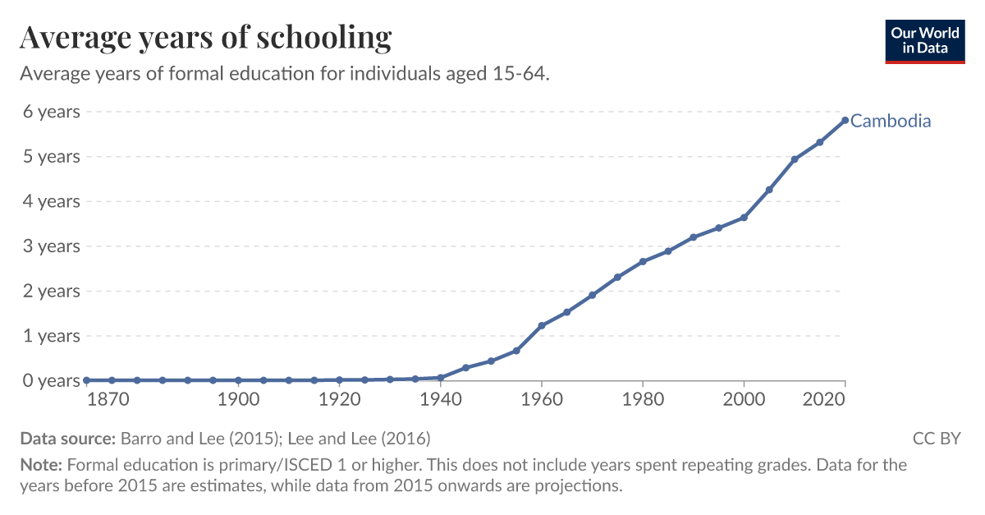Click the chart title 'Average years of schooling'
coord(205,38)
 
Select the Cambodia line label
coord(891,122)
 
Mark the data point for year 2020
coord(845,121)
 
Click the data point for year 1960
coord(542,326)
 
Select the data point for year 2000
coord(744,218)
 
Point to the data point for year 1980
coord(643,262)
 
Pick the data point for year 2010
coord(795,159)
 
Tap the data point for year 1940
coord(441,378)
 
